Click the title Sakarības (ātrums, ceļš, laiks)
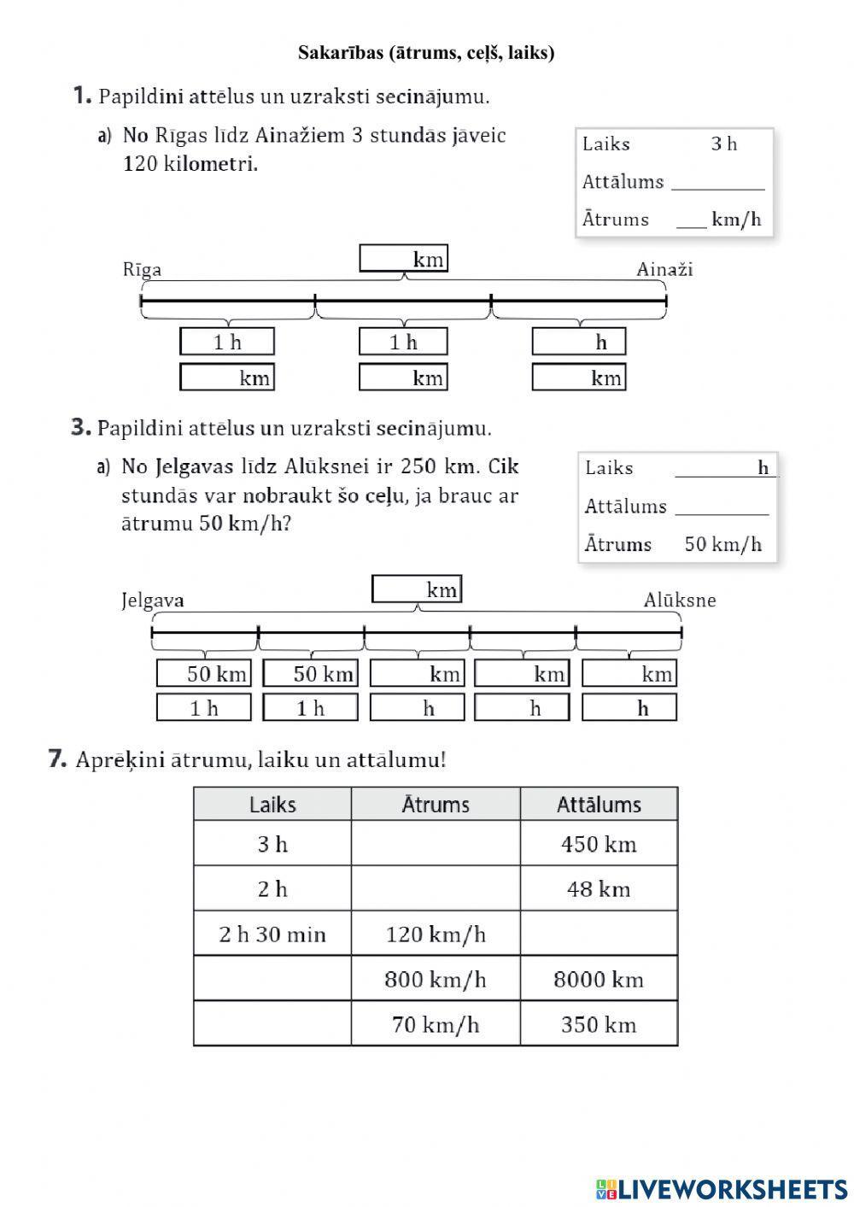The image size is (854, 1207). click(x=426, y=53)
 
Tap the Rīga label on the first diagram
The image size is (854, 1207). click(x=142, y=270)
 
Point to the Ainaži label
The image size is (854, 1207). click(x=664, y=270)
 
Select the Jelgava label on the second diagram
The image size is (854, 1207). click(x=153, y=601)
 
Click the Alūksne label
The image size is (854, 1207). click(x=680, y=601)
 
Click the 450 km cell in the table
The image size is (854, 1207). click(x=599, y=844)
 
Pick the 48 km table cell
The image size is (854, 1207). click(x=599, y=889)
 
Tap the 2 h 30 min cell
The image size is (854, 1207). click(x=272, y=934)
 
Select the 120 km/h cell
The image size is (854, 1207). click(x=436, y=934)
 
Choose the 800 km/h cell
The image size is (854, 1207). click(x=436, y=979)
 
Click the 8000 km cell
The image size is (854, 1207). click(x=599, y=979)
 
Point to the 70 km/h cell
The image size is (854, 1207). click(x=436, y=1024)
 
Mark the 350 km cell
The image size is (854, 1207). click(x=599, y=1024)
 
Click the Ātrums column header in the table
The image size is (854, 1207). click(x=436, y=805)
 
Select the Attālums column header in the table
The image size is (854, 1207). click(x=599, y=805)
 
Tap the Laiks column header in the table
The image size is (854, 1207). click(x=272, y=805)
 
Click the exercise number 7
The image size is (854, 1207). click(x=57, y=759)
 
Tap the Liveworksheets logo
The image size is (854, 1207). click(x=722, y=1188)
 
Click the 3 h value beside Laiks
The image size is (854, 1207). click(x=723, y=144)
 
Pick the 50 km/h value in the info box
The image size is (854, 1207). click(x=722, y=544)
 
